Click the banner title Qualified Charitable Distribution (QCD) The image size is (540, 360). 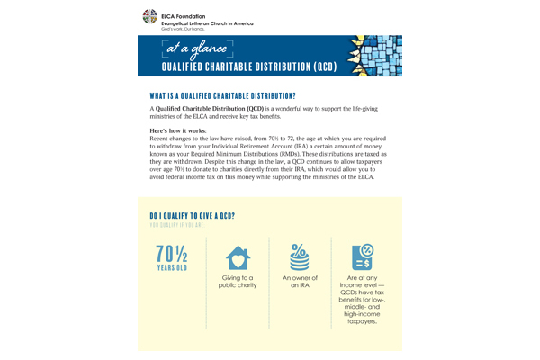[x=237, y=67]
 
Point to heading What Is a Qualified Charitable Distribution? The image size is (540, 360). [x=221, y=94]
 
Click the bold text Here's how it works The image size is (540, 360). [x=176, y=131]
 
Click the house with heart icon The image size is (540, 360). [x=238, y=256]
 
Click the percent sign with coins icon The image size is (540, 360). [x=301, y=256]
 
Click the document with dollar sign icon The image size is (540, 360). [x=364, y=256]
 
